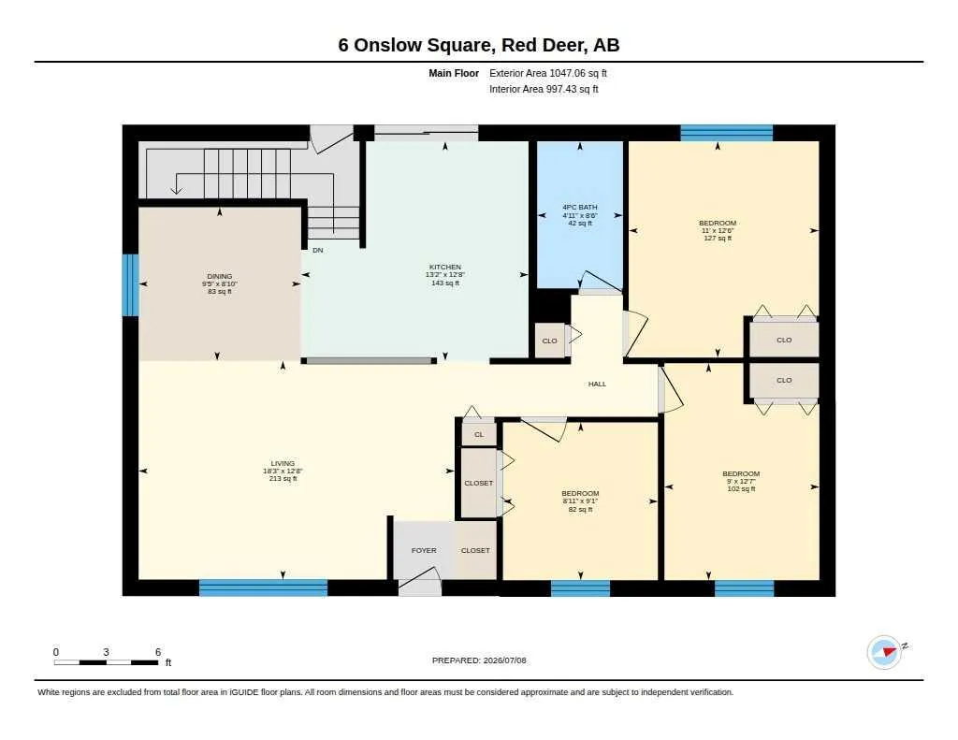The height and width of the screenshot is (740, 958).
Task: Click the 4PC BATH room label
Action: click(580, 207)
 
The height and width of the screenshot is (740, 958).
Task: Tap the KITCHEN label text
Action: click(444, 267)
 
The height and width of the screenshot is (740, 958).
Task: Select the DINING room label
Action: click(219, 276)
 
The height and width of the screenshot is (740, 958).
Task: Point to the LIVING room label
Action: click(283, 463)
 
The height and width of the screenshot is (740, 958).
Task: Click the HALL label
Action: click(597, 384)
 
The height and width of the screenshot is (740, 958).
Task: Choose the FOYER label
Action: click(424, 551)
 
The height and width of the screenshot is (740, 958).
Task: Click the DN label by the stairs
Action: click(318, 250)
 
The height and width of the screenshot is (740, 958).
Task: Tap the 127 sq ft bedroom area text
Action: click(718, 238)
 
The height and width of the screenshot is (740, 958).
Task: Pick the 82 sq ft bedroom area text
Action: click(580, 509)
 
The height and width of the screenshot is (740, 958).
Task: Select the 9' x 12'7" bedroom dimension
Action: click(741, 481)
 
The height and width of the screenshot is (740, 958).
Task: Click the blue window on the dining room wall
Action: click(130, 285)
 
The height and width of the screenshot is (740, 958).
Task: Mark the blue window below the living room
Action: click(263, 588)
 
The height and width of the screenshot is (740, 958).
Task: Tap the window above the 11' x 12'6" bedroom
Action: click(726, 133)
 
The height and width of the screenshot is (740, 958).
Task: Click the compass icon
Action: click(884, 652)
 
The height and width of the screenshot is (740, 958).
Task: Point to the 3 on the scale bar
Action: click(106, 652)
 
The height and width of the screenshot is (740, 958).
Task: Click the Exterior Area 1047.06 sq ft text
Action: click(548, 73)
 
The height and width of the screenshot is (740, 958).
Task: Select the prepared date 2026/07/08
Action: click(504, 660)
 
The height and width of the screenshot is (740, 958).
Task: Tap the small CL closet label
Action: click(479, 434)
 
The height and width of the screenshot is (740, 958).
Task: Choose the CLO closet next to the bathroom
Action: click(550, 341)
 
